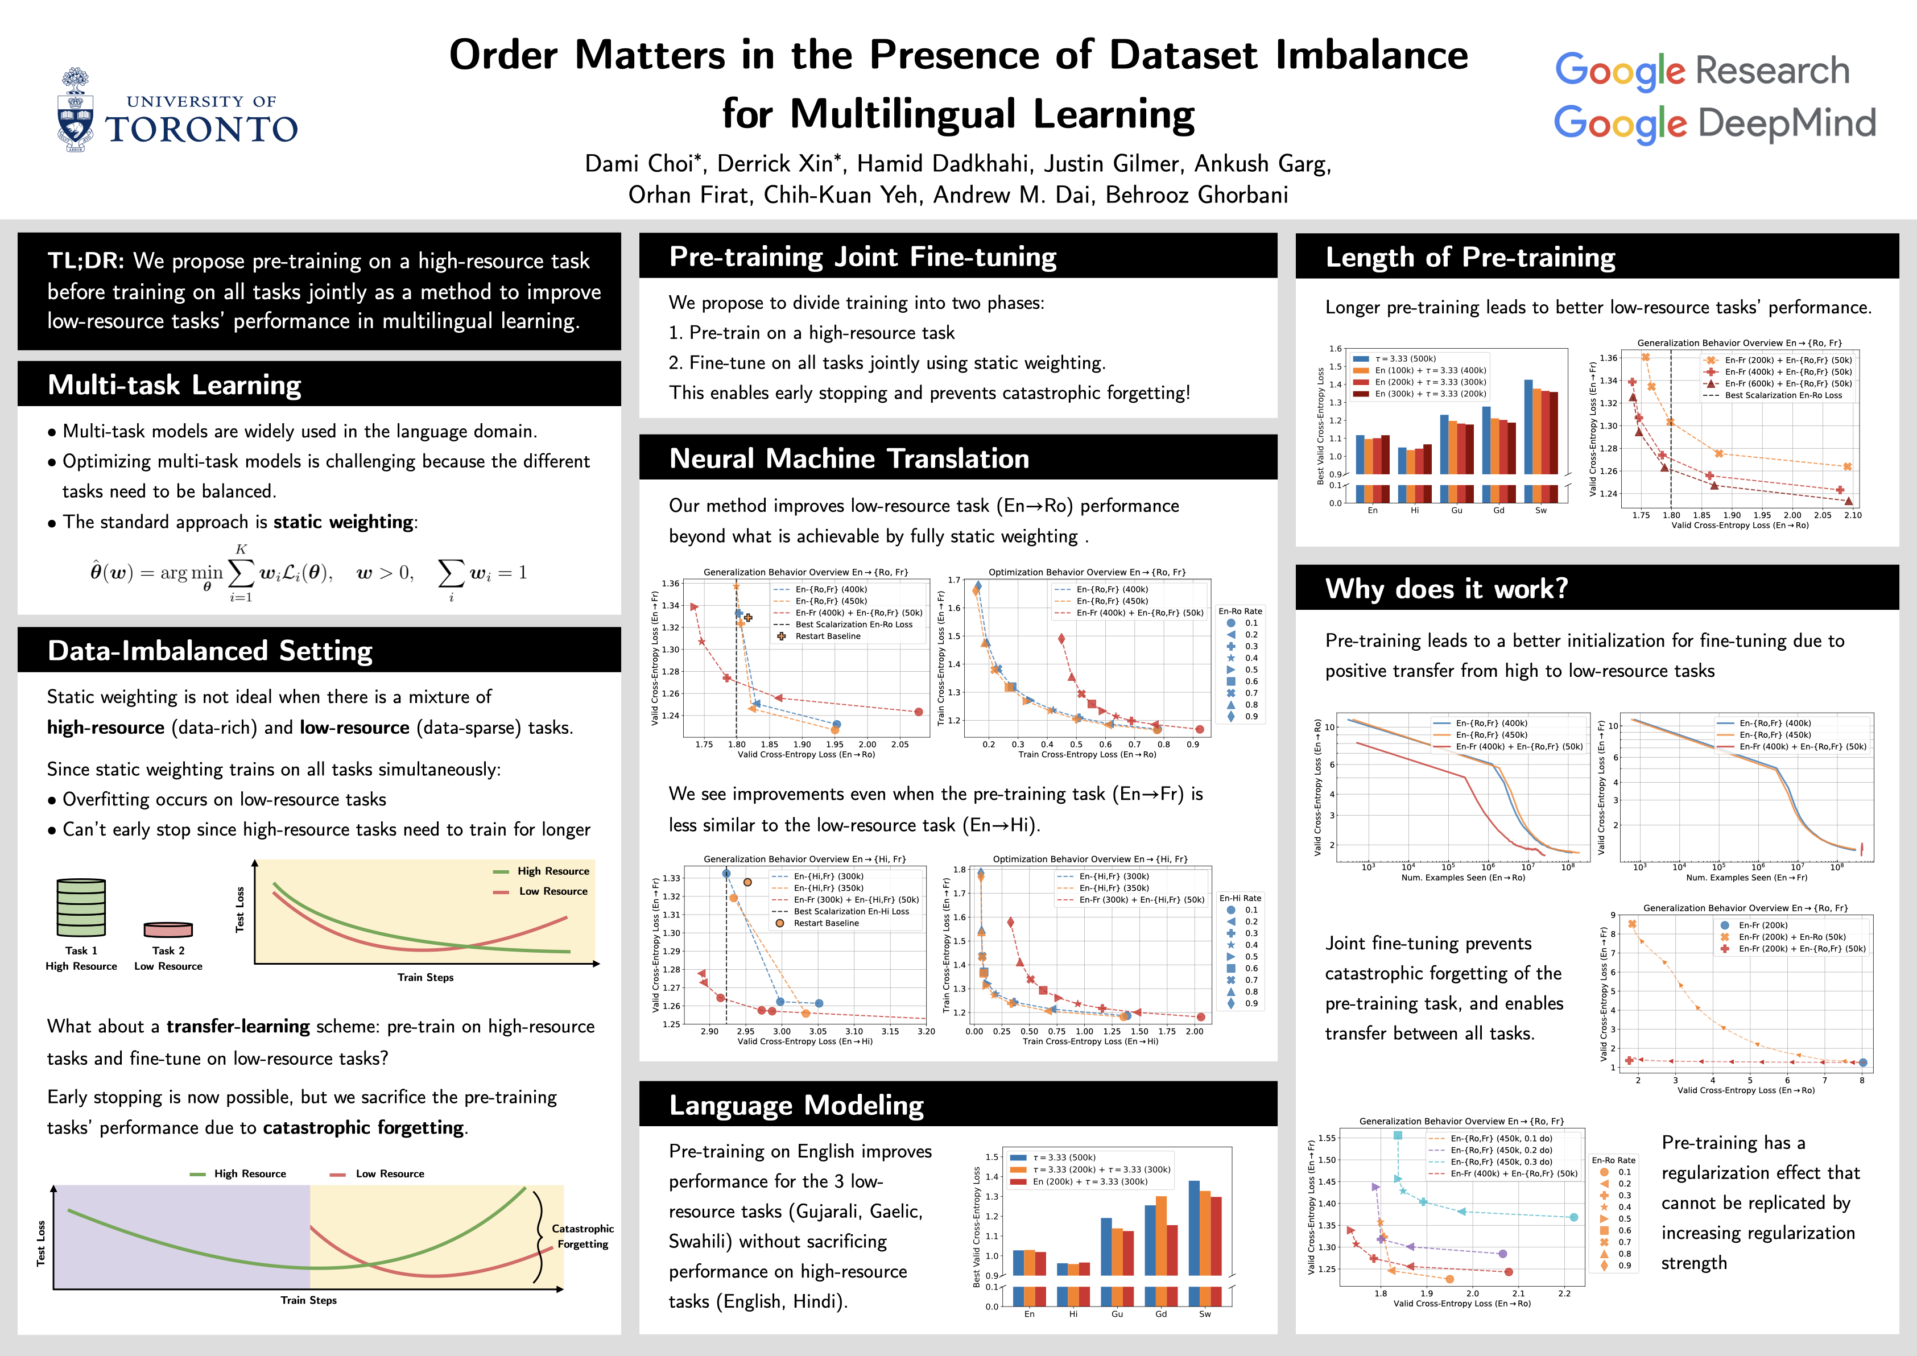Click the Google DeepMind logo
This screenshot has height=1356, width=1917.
1714,123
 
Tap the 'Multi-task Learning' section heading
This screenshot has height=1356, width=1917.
175,385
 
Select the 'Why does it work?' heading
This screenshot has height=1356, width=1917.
1446,589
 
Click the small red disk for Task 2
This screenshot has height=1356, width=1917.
168,929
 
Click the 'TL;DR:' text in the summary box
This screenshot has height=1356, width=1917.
85,261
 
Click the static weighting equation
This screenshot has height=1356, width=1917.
308,573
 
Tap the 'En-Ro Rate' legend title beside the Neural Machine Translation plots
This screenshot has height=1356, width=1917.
1240,611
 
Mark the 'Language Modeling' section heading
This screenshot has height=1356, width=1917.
796,1106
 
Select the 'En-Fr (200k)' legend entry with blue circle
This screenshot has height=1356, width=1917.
1762,925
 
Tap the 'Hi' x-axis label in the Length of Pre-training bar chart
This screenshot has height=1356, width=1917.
1414,510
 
